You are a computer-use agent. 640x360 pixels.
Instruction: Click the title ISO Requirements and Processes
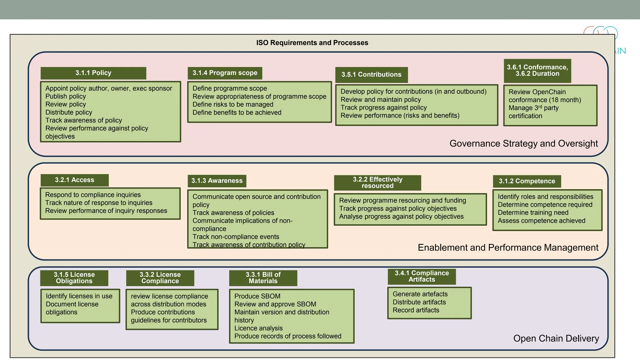pyautogui.click(x=312, y=43)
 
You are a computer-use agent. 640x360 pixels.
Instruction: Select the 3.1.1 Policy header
pyautogui.click(x=93, y=73)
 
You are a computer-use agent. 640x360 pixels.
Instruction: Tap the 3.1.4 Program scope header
pyautogui.click(x=225, y=73)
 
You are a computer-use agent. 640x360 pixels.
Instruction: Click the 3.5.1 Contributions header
pyautogui.click(x=371, y=75)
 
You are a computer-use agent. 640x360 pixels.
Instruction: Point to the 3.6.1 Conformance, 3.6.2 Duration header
pyautogui.click(x=537, y=71)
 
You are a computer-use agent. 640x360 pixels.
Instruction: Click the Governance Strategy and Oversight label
pyautogui.click(x=523, y=143)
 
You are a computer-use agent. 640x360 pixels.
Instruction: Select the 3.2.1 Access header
pyautogui.click(x=74, y=180)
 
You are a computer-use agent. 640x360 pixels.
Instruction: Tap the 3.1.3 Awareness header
pyautogui.click(x=217, y=181)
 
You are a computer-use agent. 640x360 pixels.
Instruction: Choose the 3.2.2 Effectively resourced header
pyautogui.click(x=377, y=183)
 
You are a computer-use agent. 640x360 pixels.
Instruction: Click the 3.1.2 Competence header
pyautogui.click(x=527, y=181)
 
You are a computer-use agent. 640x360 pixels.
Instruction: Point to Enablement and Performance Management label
pyautogui.click(x=508, y=247)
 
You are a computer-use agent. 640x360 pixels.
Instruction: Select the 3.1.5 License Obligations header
pyautogui.click(x=74, y=278)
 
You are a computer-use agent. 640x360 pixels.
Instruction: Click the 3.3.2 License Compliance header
pyautogui.click(x=160, y=278)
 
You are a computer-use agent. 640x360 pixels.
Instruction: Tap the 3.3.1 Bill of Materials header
pyautogui.click(x=263, y=278)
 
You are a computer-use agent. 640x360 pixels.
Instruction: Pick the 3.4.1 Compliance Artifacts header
pyautogui.click(x=422, y=276)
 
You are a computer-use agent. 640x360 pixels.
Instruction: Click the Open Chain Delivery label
pyautogui.click(x=556, y=338)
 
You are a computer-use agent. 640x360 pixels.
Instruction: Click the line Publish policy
pyautogui.click(x=66, y=97)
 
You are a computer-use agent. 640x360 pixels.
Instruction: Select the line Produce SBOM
pyautogui.click(x=257, y=296)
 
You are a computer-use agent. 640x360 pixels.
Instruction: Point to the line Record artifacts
pyautogui.click(x=416, y=310)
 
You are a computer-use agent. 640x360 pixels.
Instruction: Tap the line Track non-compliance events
pyautogui.click(x=236, y=237)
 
